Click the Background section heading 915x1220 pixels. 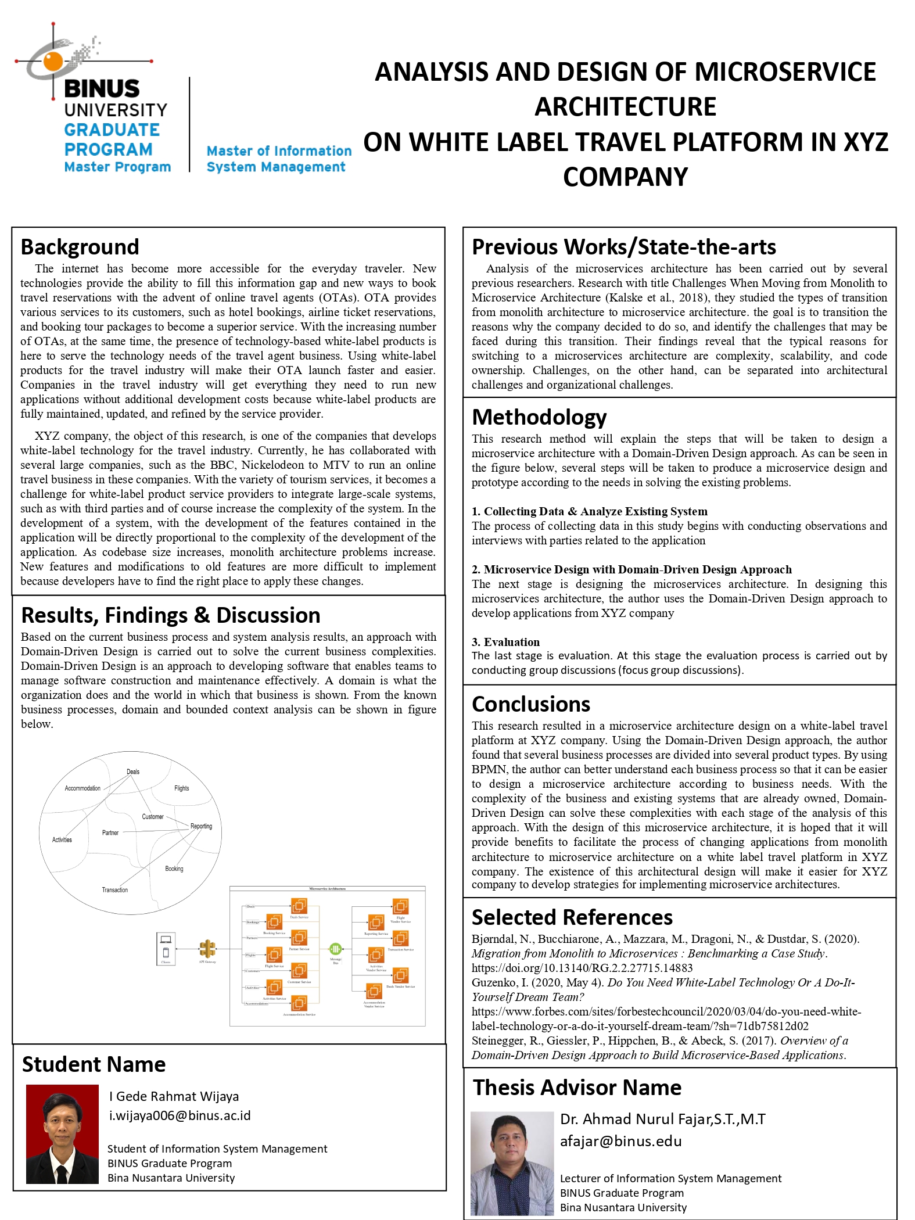[80, 247]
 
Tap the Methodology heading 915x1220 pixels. [539, 417]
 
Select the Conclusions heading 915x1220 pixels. [530, 704]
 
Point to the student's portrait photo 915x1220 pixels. [62, 1134]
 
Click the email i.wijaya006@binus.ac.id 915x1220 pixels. [180, 1115]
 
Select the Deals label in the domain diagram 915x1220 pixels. [133, 772]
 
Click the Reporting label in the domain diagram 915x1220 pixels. [201, 826]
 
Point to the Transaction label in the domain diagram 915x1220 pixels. [114, 889]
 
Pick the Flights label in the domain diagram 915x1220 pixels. [181, 788]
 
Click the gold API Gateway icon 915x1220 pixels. [207, 949]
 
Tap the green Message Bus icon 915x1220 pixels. [335, 948]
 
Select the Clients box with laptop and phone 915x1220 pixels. [166, 948]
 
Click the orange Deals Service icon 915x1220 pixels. [299, 906]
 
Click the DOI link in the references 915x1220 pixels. [582, 968]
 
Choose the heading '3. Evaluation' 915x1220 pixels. [505, 642]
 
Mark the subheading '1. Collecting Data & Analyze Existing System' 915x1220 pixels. [589, 511]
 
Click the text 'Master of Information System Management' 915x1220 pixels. [279, 159]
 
